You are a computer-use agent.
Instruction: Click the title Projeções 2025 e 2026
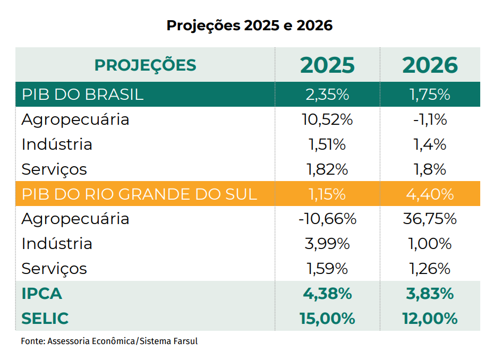coord(249,25)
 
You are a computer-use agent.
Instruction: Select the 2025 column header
coord(327,65)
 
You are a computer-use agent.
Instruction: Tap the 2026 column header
coord(430,65)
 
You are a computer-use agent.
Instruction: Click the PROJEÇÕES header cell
coord(145,65)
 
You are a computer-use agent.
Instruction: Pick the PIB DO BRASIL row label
coord(82,95)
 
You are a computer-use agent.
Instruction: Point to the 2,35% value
coord(327,95)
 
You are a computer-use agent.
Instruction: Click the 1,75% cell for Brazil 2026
coord(430,95)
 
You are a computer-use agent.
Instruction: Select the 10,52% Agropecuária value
coord(327,119)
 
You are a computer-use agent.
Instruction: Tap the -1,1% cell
coord(430,119)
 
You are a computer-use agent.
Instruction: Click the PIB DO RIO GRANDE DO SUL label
coord(139,194)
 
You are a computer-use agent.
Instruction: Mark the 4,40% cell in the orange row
coord(430,194)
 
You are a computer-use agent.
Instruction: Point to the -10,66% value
coord(327,219)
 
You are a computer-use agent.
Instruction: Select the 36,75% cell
coord(430,219)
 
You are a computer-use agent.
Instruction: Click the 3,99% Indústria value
coord(327,244)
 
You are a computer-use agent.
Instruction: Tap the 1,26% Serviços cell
coord(430,269)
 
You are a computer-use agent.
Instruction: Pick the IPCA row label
coord(41,294)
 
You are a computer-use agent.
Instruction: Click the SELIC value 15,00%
coord(327,319)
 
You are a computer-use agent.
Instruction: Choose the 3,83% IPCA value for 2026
coord(430,294)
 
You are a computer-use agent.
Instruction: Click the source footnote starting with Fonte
coord(109,341)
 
